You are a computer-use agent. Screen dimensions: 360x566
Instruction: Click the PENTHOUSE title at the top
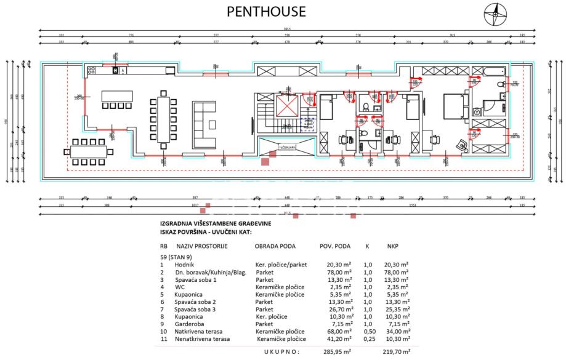click(266, 12)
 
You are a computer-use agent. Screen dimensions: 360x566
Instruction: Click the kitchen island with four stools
click(117, 97)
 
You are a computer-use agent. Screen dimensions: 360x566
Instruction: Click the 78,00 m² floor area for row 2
click(339, 271)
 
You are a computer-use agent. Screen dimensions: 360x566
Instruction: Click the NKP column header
click(392, 246)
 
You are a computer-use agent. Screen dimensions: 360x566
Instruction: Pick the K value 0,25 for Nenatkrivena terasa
click(368, 339)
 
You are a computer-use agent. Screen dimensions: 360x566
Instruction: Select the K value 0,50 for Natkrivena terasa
click(368, 331)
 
